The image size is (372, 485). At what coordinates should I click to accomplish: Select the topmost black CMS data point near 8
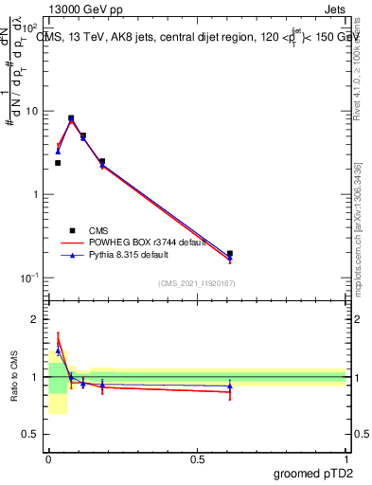click(71, 118)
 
